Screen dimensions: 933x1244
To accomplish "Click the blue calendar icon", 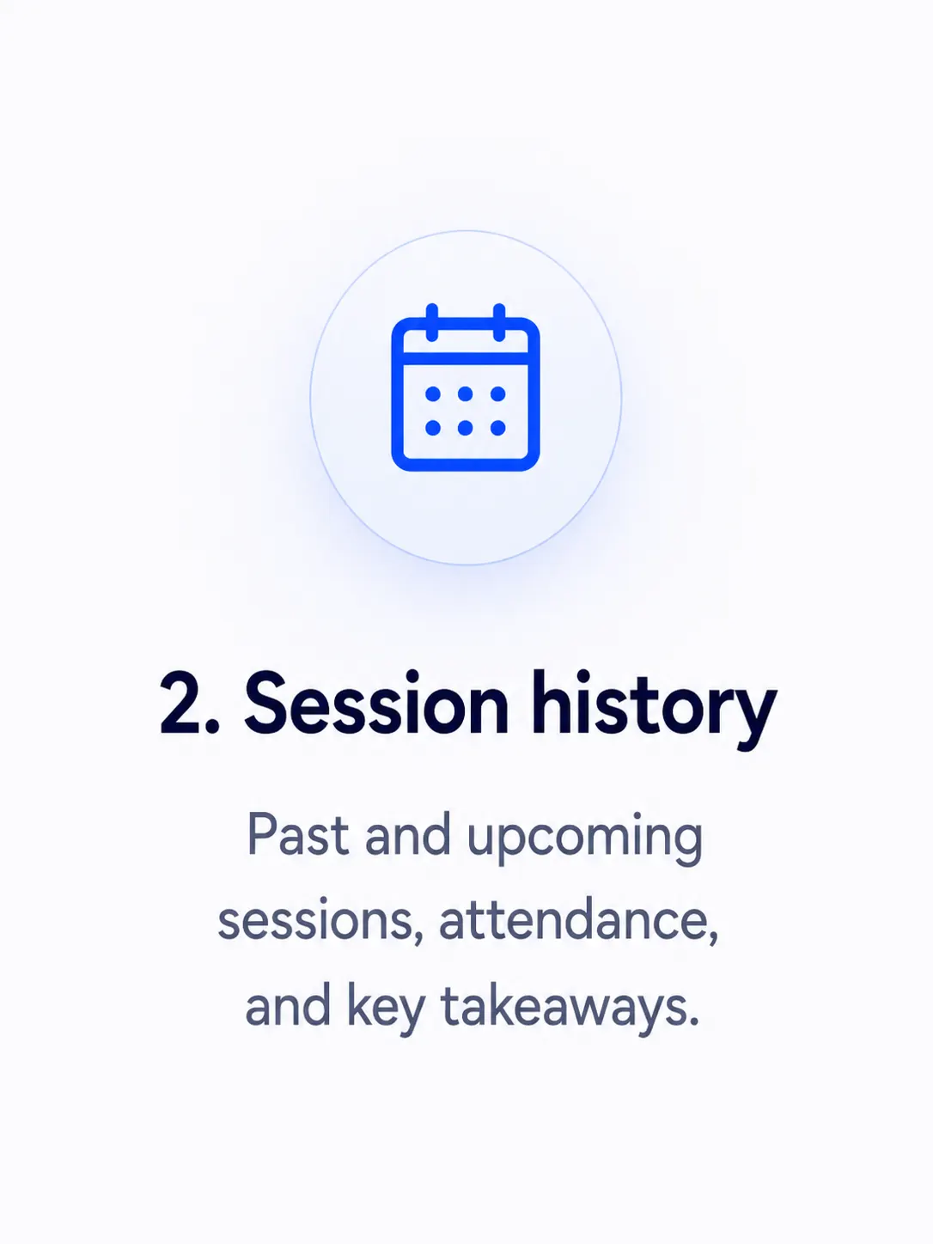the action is (465, 387).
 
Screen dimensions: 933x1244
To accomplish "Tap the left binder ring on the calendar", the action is (431, 322).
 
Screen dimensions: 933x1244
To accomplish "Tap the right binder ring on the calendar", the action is (499, 322).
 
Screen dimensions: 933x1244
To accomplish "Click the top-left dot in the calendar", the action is (433, 393).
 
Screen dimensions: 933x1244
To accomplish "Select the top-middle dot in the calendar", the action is (465, 393).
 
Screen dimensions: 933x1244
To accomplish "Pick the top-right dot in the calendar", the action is (498, 393).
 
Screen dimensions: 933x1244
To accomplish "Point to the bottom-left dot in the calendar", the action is (433, 428).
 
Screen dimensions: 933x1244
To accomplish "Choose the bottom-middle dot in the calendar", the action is (465, 428).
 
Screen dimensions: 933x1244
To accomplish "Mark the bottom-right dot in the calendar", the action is (498, 428).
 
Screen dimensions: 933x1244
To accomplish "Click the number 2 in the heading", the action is (180, 704).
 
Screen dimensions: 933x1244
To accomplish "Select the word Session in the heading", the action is (376, 703).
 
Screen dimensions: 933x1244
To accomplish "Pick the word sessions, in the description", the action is (321, 922).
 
